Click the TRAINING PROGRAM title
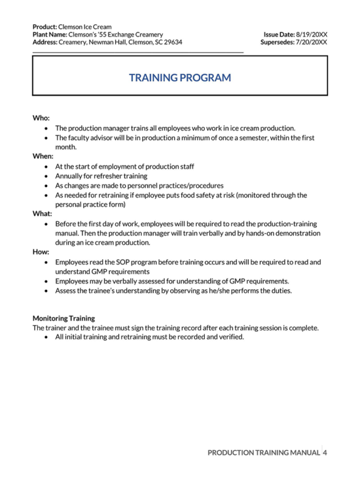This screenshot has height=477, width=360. [180, 77]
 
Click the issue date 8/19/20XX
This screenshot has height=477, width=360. [312, 33]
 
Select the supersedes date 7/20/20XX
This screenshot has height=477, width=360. [312, 42]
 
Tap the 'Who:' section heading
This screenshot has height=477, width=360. [41, 118]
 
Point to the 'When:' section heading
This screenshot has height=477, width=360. [43, 156]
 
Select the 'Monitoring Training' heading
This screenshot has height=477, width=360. [64, 318]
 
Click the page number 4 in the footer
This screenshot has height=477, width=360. [325, 452]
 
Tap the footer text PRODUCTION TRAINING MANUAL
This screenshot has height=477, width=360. [263, 452]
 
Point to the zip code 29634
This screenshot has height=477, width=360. [171, 42]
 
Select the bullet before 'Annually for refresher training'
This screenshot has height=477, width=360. [46, 176]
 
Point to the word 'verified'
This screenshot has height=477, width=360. [228, 337]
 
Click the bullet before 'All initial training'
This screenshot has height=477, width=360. [46, 337]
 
